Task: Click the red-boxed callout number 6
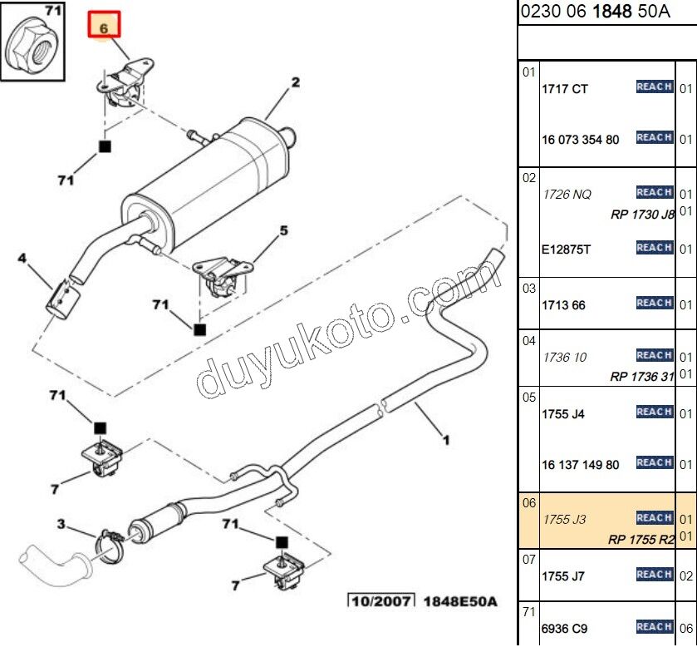[105, 27]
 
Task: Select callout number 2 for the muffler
[294, 82]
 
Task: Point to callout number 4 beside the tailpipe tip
[23, 259]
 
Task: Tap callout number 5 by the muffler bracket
[283, 230]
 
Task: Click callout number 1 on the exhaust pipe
[446, 438]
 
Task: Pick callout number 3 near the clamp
[61, 523]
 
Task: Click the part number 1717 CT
[564, 89]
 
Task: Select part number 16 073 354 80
[580, 140]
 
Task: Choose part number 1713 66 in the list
[563, 305]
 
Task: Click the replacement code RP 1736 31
[642, 376]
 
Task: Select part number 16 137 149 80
[580, 465]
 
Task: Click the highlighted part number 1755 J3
[564, 520]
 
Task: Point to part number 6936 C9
[564, 629]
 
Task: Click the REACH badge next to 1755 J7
[654, 574]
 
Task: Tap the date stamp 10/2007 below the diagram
[380, 600]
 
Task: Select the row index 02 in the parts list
[529, 177]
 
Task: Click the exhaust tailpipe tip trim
[60, 299]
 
